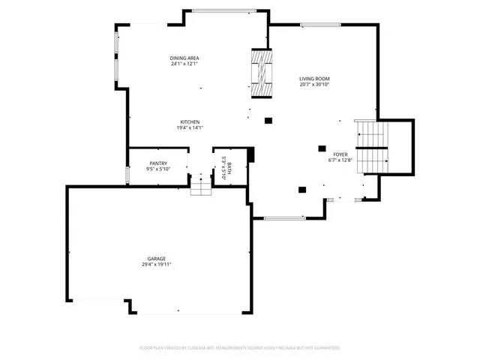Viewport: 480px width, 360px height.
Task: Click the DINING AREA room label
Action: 184,58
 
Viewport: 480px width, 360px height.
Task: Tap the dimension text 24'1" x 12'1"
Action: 184,64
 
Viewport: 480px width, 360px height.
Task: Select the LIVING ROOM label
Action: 314,78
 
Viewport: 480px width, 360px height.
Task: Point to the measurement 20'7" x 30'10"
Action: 314,84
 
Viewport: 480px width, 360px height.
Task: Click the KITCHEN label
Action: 189,121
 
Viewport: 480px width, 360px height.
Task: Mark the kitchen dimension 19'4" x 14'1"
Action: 189,127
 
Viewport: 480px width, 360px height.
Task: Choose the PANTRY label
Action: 158,163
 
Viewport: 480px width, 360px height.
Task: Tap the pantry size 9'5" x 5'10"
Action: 158,169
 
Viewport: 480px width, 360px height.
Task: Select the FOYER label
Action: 340,153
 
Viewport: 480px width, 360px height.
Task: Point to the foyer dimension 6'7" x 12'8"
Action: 340,159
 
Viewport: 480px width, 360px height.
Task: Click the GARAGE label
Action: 156,258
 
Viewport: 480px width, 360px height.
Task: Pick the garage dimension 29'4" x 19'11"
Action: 156,264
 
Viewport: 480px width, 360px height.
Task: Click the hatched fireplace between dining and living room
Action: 260,73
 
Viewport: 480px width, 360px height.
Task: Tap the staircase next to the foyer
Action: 370,146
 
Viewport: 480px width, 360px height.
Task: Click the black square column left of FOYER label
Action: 322,148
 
